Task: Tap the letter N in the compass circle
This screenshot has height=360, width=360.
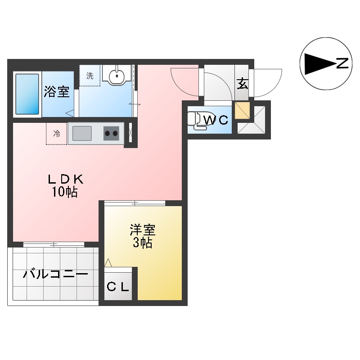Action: [342, 63]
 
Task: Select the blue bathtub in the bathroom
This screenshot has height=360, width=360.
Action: [27, 94]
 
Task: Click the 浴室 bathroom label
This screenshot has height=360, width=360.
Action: [56, 92]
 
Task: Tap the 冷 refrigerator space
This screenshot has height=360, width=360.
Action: [57, 134]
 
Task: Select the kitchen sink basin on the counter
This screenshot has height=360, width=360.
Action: [82, 133]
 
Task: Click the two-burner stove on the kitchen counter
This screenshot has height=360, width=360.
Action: [111, 133]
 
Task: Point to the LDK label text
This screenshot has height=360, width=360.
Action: [66, 179]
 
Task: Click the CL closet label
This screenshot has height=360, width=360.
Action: [118, 286]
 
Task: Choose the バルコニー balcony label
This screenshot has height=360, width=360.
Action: [56, 273]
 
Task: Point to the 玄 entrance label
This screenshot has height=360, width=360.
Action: [242, 84]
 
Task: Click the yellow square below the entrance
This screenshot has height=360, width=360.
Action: [242, 111]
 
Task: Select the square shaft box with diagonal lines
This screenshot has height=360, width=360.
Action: [252, 119]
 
